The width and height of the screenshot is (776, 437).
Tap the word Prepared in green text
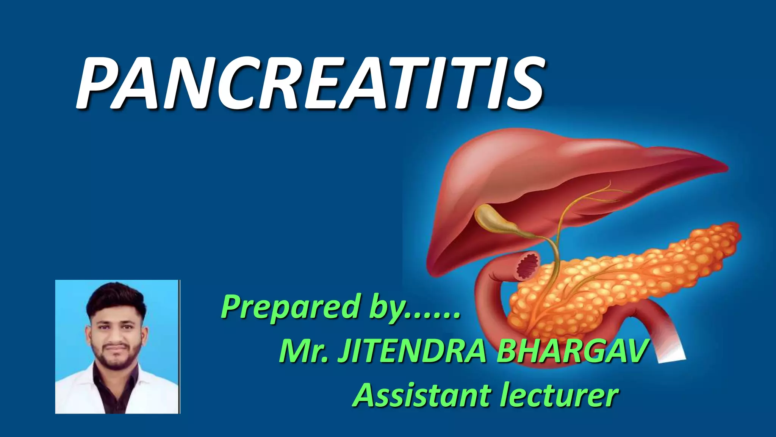[x=290, y=307]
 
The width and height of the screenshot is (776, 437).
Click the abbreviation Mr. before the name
[x=303, y=352]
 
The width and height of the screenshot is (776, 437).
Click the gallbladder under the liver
[x=493, y=220]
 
